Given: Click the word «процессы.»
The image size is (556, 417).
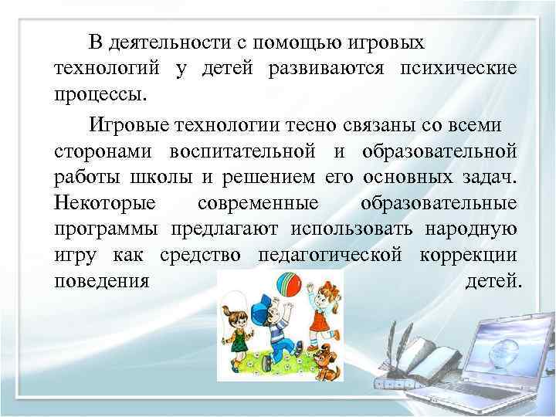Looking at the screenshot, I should point(100,96).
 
